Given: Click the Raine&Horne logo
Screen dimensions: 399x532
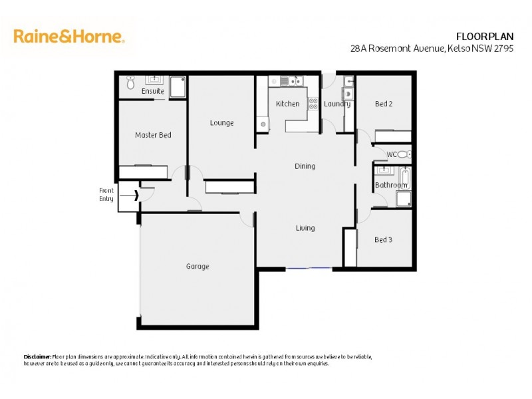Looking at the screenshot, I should [68, 36].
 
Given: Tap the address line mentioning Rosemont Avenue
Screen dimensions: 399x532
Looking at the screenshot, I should [439, 49].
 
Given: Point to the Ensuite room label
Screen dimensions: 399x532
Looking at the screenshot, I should [153, 91].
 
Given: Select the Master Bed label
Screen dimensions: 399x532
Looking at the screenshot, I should [153, 135].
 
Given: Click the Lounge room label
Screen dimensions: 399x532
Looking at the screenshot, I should [221, 122].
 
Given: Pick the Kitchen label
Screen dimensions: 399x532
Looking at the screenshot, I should [288, 104].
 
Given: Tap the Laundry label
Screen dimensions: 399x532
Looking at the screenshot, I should [337, 104].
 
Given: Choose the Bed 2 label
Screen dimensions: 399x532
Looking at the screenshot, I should [384, 104].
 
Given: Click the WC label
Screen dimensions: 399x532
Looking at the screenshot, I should [392, 154].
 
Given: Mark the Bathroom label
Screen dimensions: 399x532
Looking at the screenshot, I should [391, 185].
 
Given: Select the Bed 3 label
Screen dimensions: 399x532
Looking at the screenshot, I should [384, 239].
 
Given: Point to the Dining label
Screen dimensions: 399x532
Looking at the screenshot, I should [305, 166].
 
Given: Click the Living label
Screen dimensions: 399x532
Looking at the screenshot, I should [305, 228].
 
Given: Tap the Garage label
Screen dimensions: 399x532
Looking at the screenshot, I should [198, 266].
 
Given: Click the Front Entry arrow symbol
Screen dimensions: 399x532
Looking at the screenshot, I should [136, 196].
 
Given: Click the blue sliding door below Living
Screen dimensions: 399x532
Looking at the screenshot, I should [309, 268].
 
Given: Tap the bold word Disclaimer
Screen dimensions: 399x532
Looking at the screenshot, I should [37, 357].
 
